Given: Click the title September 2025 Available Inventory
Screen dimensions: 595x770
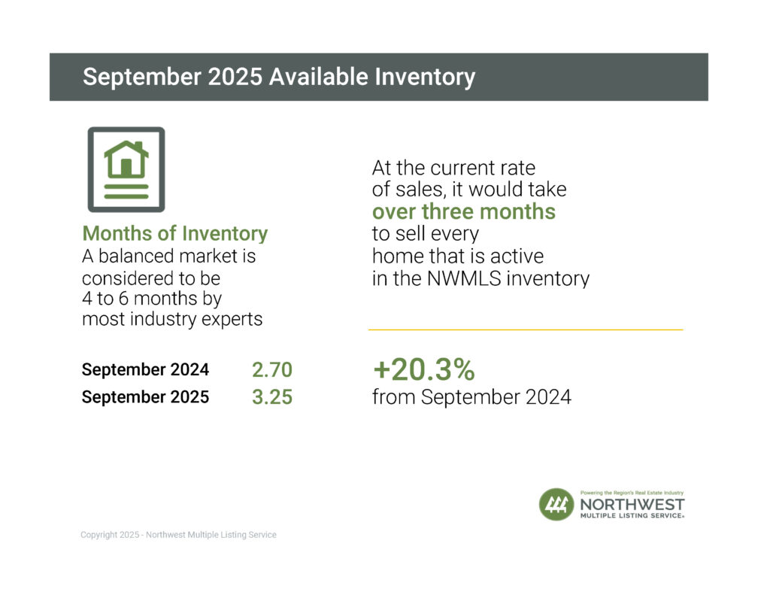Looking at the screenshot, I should [x=278, y=77].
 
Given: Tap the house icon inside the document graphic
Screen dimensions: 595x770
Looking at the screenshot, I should [x=126, y=159].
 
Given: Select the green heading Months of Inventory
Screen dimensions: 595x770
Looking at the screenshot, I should [x=174, y=234].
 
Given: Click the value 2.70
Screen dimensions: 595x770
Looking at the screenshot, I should [x=271, y=370].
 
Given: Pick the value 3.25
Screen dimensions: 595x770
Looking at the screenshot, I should [x=271, y=397].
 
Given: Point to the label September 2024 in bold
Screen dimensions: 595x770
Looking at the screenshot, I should [x=145, y=370].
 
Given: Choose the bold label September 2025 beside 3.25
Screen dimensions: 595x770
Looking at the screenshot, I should [x=145, y=397].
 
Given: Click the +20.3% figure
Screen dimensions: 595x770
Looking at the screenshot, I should [x=423, y=370].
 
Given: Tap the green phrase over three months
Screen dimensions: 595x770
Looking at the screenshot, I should [x=463, y=212].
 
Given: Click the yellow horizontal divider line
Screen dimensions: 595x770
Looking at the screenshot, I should [x=525, y=329].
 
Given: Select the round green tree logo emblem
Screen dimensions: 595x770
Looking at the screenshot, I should [x=556, y=504].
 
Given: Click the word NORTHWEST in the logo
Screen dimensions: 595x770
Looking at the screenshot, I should [x=632, y=504].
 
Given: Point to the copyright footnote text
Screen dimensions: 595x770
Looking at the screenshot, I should [x=178, y=535].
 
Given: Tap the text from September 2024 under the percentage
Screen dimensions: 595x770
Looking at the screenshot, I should [x=471, y=397].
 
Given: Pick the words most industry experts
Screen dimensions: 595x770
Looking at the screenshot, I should [x=172, y=319].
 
